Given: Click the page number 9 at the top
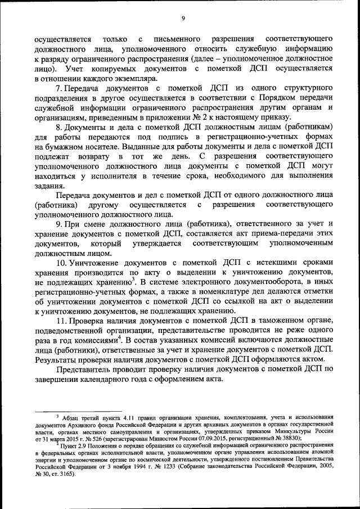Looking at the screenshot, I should (183, 19).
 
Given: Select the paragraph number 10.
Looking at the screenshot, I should (60, 263).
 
